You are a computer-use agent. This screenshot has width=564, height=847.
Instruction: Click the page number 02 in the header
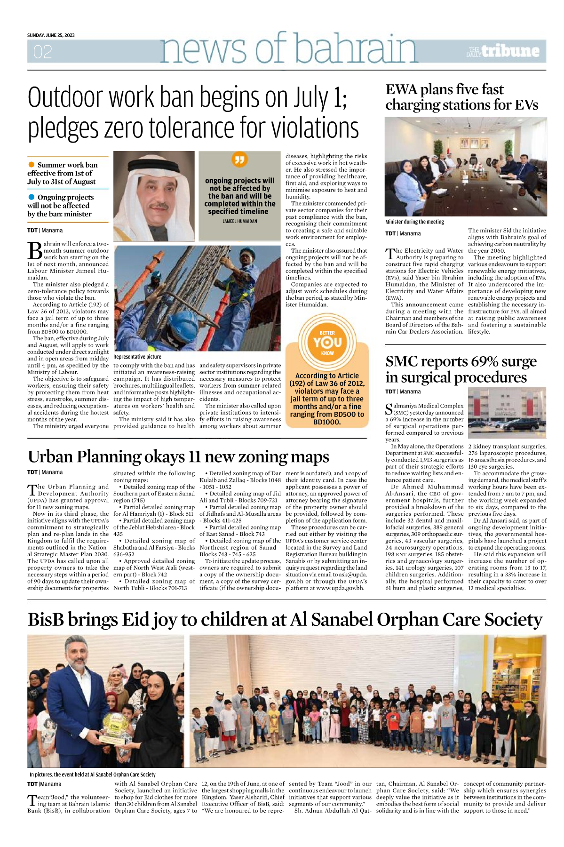point(42,52)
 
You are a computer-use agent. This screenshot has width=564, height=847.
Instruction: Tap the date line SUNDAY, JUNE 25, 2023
point(51,35)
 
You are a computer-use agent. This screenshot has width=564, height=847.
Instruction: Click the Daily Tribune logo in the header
point(503,51)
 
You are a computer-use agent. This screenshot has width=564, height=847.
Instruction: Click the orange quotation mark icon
point(240,160)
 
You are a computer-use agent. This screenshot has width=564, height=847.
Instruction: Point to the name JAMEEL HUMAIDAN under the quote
point(240,221)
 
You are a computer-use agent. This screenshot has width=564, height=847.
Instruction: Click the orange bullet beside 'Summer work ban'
point(32,165)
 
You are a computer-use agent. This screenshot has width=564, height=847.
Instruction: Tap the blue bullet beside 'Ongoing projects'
point(32,197)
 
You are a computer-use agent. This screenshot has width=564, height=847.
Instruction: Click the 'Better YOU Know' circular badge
point(327,343)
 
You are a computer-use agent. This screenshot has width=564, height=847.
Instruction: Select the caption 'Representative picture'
point(137,357)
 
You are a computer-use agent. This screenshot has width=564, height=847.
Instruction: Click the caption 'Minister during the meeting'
point(414,222)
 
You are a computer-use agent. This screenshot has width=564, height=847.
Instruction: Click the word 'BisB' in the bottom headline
point(46,620)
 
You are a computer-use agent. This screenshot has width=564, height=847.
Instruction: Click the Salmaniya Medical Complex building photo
point(507,413)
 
